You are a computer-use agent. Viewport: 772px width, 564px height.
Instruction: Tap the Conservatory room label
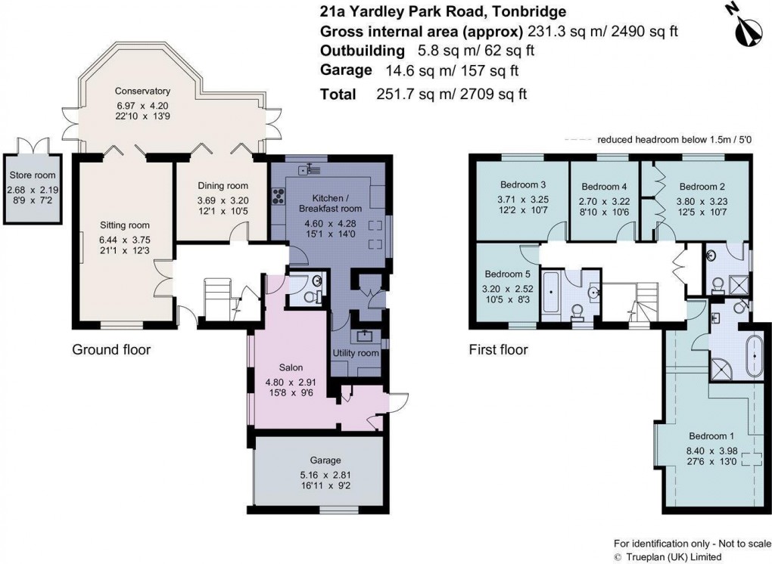pyautogui.click(x=143, y=91)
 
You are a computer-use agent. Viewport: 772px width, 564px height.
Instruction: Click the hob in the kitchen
pyautogui.click(x=278, y=196)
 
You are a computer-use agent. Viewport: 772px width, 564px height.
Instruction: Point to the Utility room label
pyautogui.click(x=356, y=353)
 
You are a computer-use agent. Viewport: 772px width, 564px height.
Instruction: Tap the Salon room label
pyautogui.click(x=292, y=368)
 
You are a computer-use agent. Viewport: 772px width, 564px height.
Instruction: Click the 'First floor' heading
pyautogui.click(x=497, y=350)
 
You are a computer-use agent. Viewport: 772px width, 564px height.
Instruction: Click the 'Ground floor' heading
pyautogui.click(x=111, y=350)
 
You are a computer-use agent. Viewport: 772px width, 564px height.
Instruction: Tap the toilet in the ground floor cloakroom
pyautogui.click(x=304, y=296)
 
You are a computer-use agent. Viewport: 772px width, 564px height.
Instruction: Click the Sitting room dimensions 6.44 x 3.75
pyautogui.click(x=124, y=240)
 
